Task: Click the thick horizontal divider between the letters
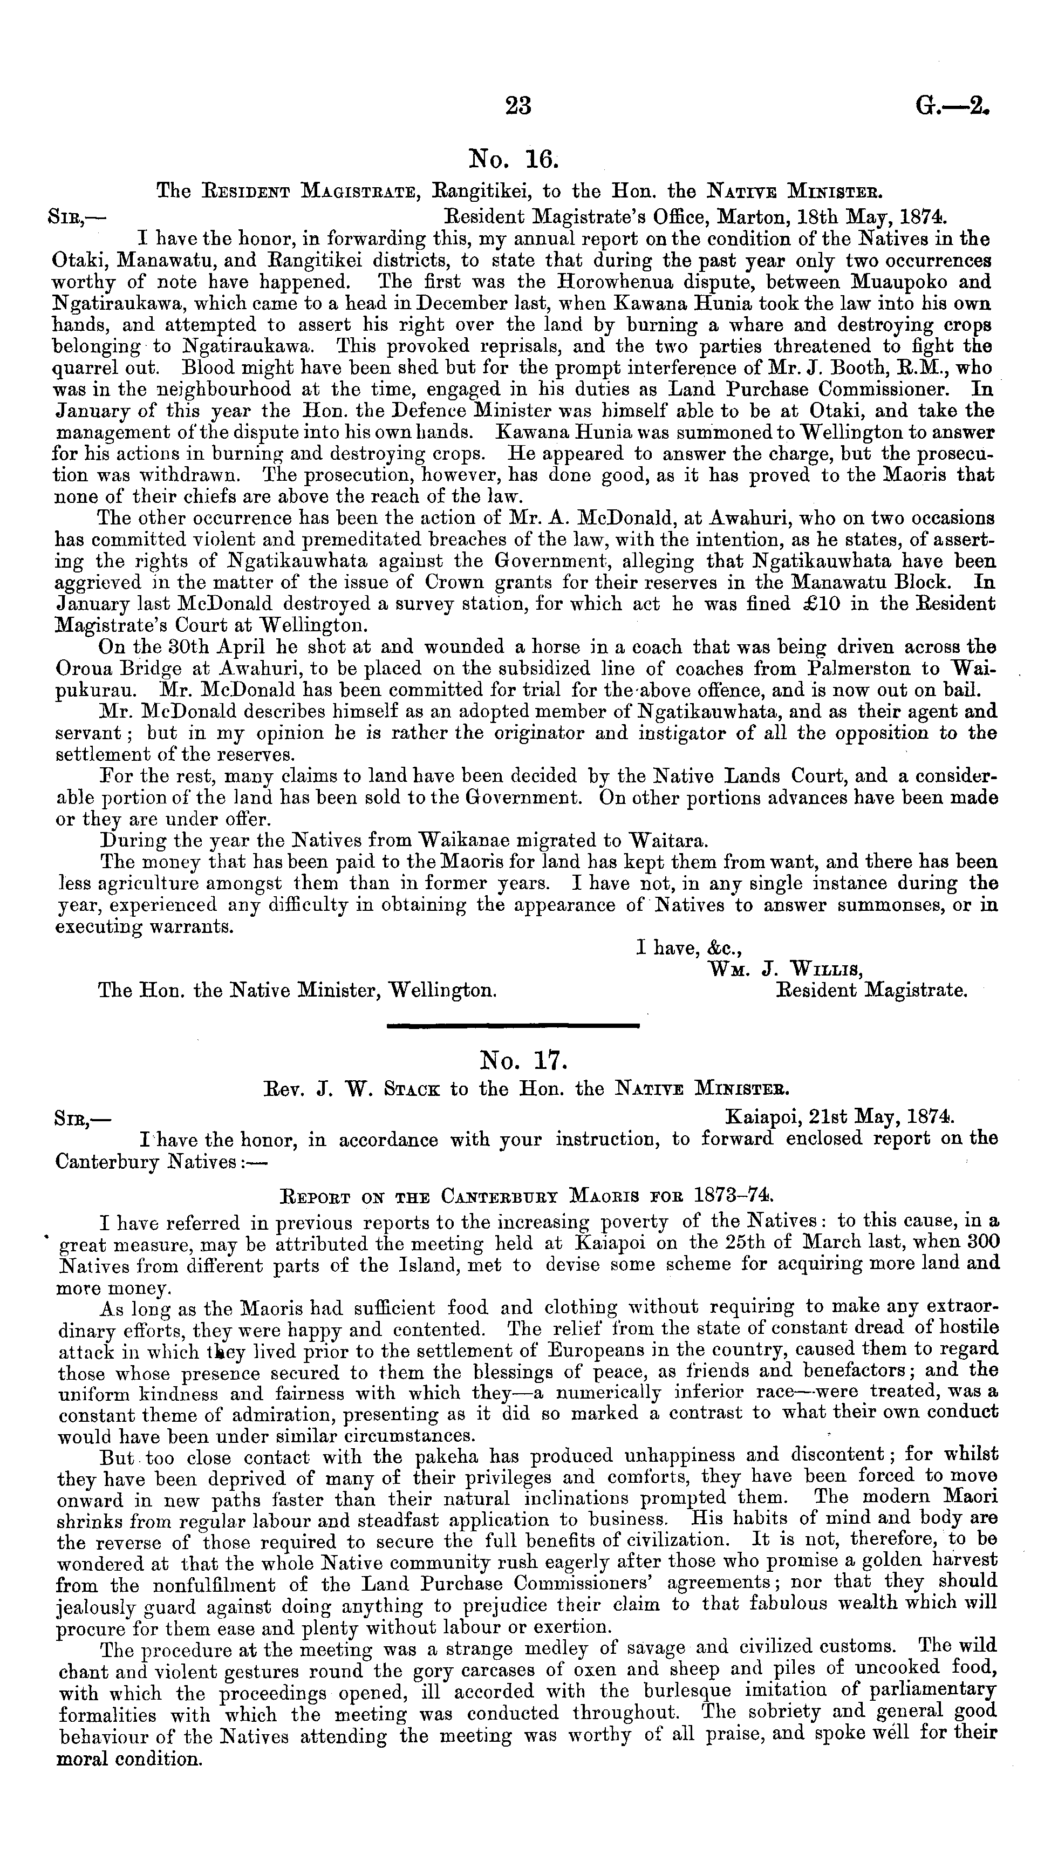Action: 513,1025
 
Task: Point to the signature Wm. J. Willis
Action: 786,969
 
